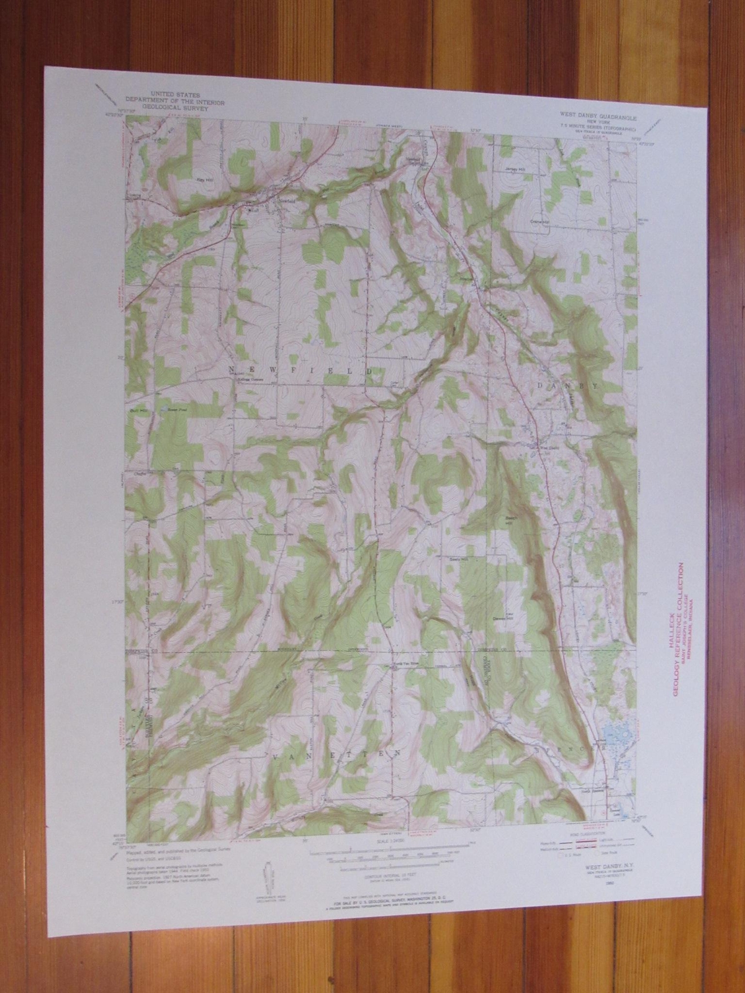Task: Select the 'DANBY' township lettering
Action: [x=569, y=385]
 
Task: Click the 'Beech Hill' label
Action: [x=509, y=519]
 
